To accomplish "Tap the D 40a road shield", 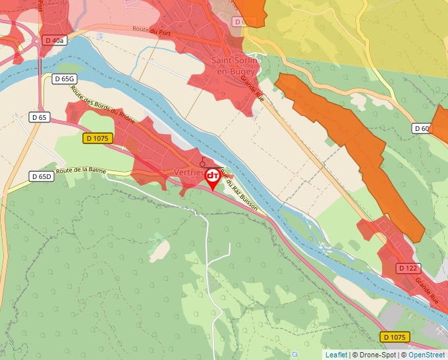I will (55, 40).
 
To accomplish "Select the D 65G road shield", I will (65, 78).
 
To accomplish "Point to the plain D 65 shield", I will (40, 117).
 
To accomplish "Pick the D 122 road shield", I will (408, 268).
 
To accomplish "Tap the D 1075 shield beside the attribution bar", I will (394, 337).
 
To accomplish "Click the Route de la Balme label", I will (82, 171).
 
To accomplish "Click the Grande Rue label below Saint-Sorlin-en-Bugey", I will (252, 86).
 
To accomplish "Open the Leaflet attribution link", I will (336, 355).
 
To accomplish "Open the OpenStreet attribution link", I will (426, 355).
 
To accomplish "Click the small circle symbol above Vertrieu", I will (202, 162).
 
